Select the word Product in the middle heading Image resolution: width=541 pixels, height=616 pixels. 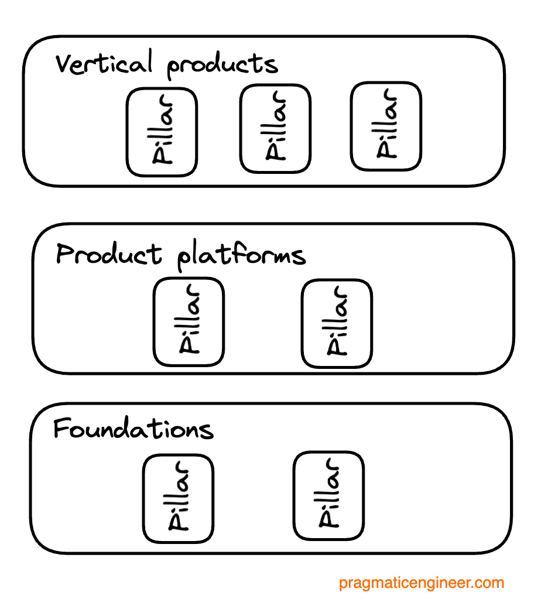click(x=108, y=255)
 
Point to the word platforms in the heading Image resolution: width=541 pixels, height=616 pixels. click(x=241, y=256)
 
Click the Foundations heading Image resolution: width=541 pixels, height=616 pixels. click(x=133, y=429)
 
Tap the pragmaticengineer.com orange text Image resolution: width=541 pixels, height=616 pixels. click(x=422, y=583)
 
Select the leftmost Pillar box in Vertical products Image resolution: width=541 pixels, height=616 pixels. click(x=162, y=132)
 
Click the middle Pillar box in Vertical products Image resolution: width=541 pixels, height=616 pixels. click(x=275, y=129)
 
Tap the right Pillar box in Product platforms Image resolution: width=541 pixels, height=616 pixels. click(x=337, y=323)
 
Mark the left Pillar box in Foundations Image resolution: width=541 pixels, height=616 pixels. click(x=178, y=499)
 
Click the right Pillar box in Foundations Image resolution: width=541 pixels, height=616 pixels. click(x=328, y=495)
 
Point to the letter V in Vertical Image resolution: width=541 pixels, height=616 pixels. click(x=65, y=63)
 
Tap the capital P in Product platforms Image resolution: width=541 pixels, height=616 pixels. click(x=66, y=255)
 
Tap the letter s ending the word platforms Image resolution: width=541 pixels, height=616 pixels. click(x=298, y=256)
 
